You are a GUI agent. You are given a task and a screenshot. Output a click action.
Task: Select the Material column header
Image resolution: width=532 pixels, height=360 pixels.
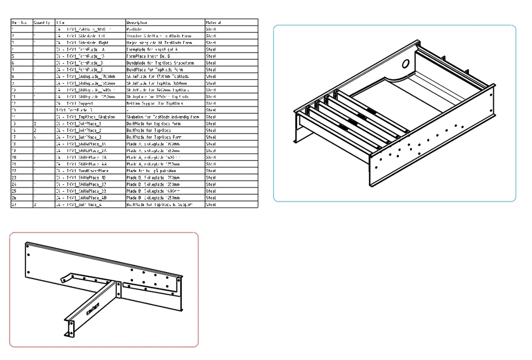coord(213,23)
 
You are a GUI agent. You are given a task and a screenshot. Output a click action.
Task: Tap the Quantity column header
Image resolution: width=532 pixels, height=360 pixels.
coord(42,23)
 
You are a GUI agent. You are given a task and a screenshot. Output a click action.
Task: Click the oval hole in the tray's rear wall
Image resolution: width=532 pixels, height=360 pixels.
coord(406,64)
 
